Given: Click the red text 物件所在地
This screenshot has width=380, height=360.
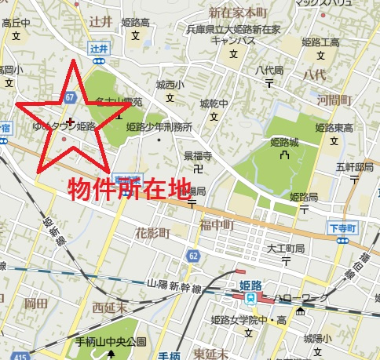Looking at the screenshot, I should point(130,190).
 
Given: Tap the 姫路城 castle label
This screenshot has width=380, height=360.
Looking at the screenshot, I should point(283,143).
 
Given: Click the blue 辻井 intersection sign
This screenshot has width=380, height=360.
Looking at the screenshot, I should point(98,49).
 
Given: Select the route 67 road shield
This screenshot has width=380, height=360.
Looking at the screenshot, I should point(71,96).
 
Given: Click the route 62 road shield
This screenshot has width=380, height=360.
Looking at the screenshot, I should point(193,256).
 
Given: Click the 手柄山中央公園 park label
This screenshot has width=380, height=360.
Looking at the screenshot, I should point(111,342).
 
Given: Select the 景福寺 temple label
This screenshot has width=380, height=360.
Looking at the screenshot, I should point(198,155).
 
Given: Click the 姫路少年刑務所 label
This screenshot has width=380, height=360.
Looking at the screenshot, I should point(159,126).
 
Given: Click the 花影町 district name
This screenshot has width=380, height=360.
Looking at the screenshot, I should point(152,233).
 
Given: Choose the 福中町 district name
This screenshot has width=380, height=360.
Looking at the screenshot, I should point(217,225).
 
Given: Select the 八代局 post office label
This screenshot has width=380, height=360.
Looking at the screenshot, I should point(269,70).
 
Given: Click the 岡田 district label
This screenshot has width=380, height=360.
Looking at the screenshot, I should point(36,302).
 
